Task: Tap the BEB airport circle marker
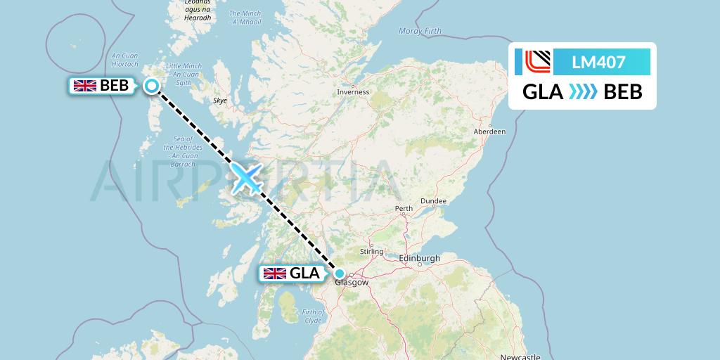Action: coord(152,86)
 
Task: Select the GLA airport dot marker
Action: coord(340,274)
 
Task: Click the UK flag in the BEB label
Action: coord(85,86)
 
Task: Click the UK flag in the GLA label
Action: coord(274,274)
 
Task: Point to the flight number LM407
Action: coord(598,62)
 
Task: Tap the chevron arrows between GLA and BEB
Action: coord(583,91)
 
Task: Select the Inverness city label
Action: coord(353,92)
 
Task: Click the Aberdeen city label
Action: coord(489,131)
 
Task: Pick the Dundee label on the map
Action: coord(433,201)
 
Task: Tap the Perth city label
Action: coord(404,209)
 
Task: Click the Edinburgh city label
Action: coord(419,259)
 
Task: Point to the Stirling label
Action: coord(371,251)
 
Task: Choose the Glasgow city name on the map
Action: coord(351,283)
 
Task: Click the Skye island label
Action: coord(220,101)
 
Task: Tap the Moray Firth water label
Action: coord(420,31)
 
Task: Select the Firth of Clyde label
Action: coord(312,316)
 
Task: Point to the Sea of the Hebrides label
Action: coord(179,148)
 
